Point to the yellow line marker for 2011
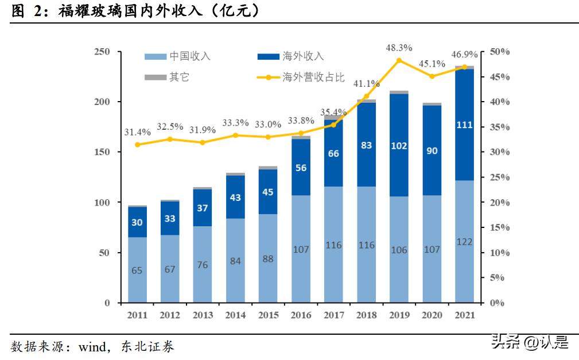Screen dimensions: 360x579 pyautogui.click(x=137, y=145)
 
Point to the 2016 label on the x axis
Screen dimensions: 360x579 pyautogui.click(x=301, y=315)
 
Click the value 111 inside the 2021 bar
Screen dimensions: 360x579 pyautogui.click(x=464, y=125)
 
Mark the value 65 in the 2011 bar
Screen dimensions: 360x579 pyautogui.click(x=137, y=270)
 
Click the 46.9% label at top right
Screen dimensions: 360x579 pyautogui.click(x=464, y=55)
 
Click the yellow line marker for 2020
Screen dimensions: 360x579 pyautogui.click(x=432, y=76)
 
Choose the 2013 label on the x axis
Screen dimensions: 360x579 pyautogui.click(x=203, y=315)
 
